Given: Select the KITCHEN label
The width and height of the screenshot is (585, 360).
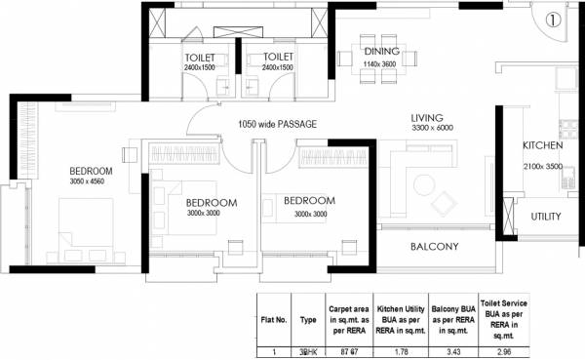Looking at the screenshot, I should [x=543, y=144].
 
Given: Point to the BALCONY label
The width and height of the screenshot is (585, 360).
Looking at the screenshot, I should [x=434, y=247].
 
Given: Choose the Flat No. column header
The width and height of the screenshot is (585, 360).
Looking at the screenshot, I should [x=274, y=318].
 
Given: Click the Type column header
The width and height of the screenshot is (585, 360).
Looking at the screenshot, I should [x=309, y=318].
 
